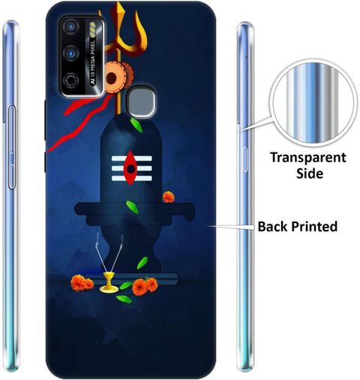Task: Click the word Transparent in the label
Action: [308, 158]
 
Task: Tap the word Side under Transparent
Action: [310, 173]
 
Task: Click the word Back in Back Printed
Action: [272, 226]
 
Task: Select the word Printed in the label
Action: [314, 227]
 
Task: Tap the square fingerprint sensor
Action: [142, 102]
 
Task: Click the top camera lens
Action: [71, 26]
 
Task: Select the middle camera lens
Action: [71, 53]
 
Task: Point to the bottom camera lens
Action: [71, 80]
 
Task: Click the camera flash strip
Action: [93, 29]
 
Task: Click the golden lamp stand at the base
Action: [109, 282]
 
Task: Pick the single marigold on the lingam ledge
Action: [168, 197]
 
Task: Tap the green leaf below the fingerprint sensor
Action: [136, 125]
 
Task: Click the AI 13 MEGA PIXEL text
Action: [93, 62]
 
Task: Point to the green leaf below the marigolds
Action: [124, 299]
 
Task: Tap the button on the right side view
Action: [244, 159]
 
